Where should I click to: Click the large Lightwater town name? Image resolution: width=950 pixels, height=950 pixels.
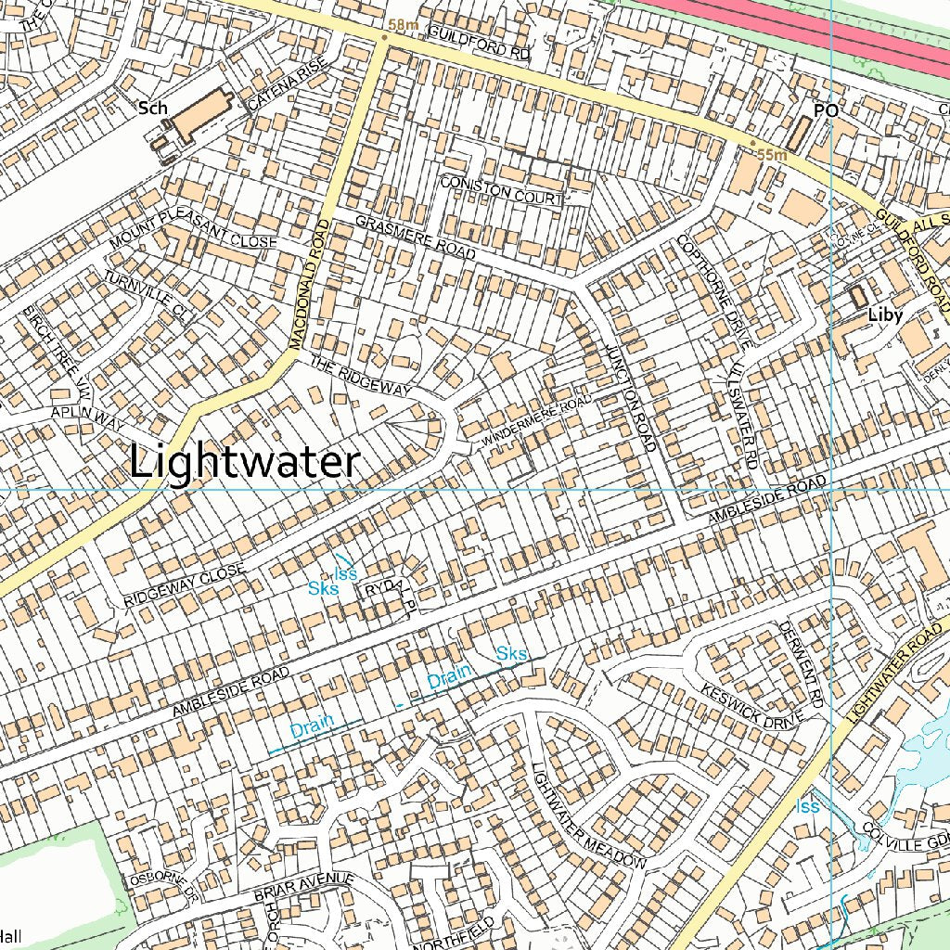[244, 462]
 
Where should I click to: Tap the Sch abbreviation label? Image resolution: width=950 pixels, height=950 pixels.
[152, 109]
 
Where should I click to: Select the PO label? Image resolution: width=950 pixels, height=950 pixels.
[825, 110]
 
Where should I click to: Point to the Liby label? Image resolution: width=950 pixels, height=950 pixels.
[884, 315]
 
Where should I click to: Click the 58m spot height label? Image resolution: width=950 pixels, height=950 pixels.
[404, 25]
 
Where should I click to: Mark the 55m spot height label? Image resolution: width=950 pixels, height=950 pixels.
[771, 155]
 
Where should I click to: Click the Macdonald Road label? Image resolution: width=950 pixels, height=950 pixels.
[310, 284]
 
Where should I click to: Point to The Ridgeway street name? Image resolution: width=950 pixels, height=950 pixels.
[361, 376]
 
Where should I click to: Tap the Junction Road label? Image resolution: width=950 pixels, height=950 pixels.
[629, 394]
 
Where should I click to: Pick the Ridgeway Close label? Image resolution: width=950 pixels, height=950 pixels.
[185, 585]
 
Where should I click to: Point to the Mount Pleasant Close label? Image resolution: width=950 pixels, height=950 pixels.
[193, 228]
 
